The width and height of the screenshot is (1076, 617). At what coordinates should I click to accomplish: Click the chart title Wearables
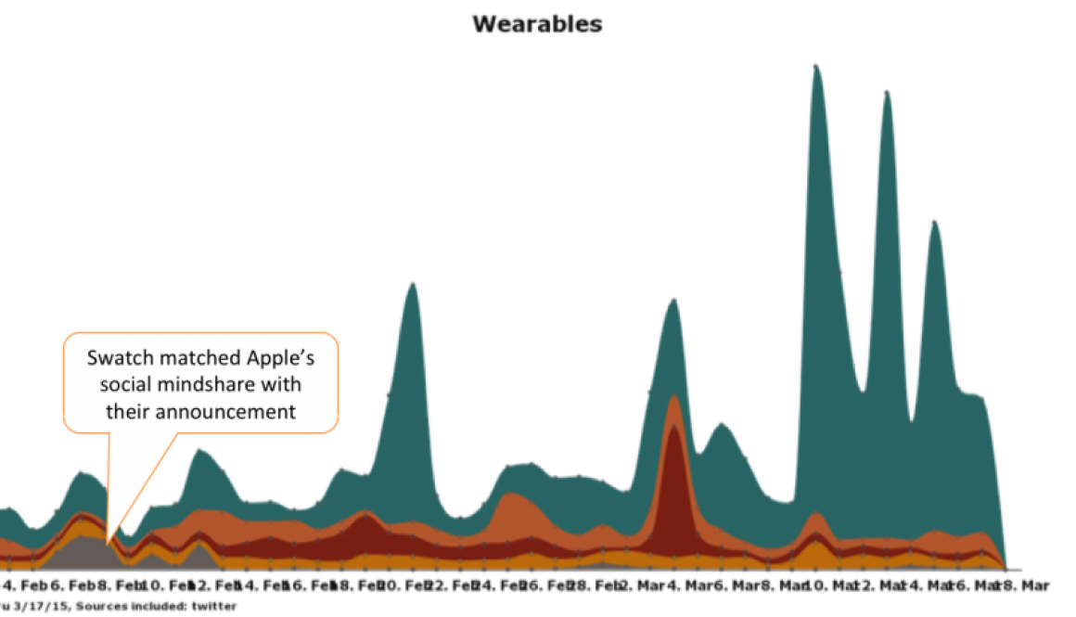click(538, 24)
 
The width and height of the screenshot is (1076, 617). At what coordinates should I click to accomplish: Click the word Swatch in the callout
click(117, 358)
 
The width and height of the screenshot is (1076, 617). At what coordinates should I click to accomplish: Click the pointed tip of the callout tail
click(108, 541)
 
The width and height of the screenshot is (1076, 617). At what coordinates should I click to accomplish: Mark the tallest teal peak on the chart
click(815, 66)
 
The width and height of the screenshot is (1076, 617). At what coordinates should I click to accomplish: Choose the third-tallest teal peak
click(934, 220)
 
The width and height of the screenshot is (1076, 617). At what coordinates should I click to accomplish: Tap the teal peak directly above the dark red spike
click(674, 298)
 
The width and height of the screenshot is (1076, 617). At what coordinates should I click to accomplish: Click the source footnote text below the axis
click(121, 606)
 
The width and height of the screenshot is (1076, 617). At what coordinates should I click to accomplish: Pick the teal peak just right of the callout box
click(412, 282)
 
